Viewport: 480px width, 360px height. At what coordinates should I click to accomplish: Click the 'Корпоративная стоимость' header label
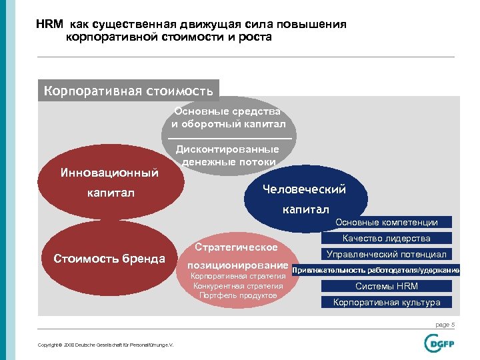(x=128, y=90)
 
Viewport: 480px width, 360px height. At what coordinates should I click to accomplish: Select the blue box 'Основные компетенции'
(x=386, y=223)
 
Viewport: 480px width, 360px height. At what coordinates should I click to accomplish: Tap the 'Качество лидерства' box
(x=386, y=238)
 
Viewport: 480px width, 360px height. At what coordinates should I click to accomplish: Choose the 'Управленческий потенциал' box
(x=386, y=254)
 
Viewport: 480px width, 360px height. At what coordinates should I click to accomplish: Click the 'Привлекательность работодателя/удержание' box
(x=375, y=270)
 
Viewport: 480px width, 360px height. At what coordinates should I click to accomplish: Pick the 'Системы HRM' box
(x=386, y=286)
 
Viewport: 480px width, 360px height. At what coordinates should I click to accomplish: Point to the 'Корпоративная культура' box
(x=386, y=302)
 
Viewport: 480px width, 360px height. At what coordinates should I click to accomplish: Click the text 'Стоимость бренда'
(x=109, y=259)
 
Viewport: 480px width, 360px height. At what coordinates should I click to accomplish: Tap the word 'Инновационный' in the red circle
(x=109, y=173)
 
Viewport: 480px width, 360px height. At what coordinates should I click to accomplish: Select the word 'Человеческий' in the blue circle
(x=304, y=189)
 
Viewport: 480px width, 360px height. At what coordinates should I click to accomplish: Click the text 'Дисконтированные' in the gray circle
(x=227, y=149)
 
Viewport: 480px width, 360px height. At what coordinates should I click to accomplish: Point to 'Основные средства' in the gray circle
(x=227, y=111)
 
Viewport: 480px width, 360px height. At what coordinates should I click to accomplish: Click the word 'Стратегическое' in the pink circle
(x=237, y=247)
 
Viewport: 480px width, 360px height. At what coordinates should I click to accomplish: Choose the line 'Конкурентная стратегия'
(x=238, y=286)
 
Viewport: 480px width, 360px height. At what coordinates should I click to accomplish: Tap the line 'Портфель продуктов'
(x=238, y=295)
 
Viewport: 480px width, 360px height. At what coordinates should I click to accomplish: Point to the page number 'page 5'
(x=445, y=325)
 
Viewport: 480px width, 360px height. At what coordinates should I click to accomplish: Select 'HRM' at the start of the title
(x=49, y=25)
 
